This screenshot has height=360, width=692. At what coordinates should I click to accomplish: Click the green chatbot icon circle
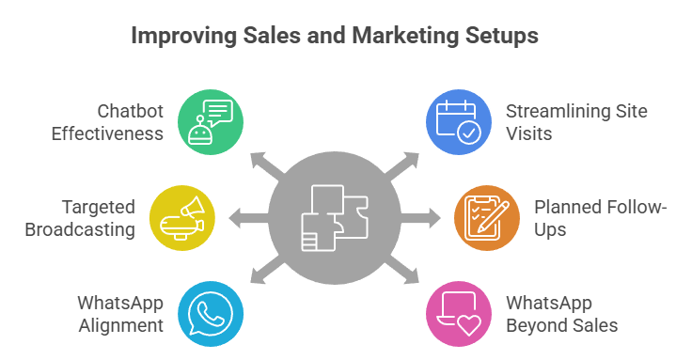coord(210,122)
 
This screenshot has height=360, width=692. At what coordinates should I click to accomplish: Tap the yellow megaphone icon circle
coord(182,218)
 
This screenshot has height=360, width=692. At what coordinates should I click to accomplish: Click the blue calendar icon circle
coord(459,122)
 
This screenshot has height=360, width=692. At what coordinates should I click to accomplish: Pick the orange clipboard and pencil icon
coord(487,218)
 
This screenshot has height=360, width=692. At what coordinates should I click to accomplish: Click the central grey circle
coord(334,218)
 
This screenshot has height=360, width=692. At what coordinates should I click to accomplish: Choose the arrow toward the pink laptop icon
coord(404,273)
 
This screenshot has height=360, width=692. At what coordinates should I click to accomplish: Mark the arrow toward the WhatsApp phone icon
coord(264,273)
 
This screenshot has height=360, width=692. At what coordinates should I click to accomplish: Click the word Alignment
coord(121,325)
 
